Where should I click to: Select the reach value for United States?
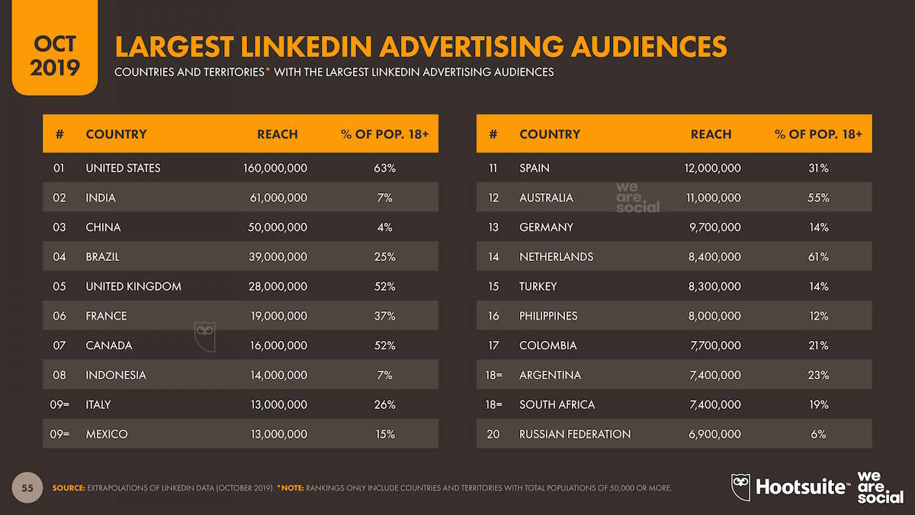274,168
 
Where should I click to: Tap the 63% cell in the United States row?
384,168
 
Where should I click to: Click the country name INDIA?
101,198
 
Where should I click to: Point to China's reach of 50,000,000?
278,227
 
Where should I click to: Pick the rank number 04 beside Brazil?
59,257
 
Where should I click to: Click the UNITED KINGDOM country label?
133,287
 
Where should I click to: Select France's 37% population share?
384,316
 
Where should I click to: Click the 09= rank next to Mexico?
59,434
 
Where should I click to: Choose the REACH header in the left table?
278,134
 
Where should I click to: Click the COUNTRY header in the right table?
550,134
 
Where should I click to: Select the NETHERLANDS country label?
556,257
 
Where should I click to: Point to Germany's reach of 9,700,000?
714,227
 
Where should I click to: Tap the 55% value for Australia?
818,198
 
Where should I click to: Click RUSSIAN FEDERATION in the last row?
575,434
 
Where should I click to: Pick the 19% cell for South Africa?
818,404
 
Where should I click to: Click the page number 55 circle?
27,487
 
